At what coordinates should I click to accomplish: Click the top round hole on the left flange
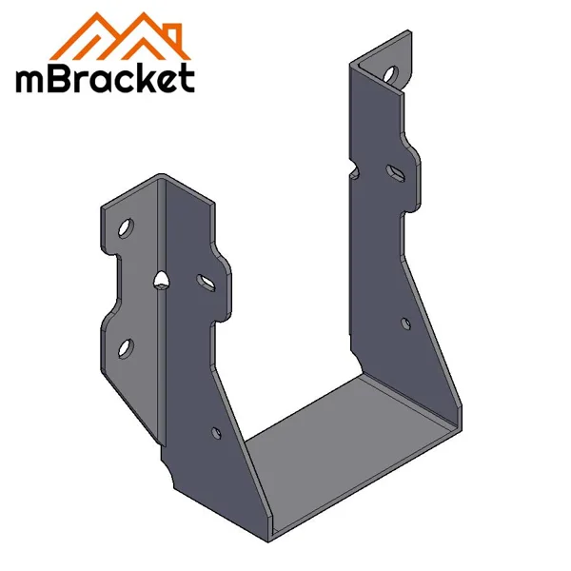click(x=126, y=227)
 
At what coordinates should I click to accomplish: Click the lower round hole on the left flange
click(x=128, y=345)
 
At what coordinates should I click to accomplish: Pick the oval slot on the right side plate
click(x=393, y=171)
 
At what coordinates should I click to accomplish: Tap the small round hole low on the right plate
click(x=406, y=324)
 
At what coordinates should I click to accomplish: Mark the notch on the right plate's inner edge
click(x=353, y=174)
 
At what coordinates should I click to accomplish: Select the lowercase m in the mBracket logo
click(x=30, y=83)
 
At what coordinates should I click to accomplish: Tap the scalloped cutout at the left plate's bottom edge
click(x=170, y=468)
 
